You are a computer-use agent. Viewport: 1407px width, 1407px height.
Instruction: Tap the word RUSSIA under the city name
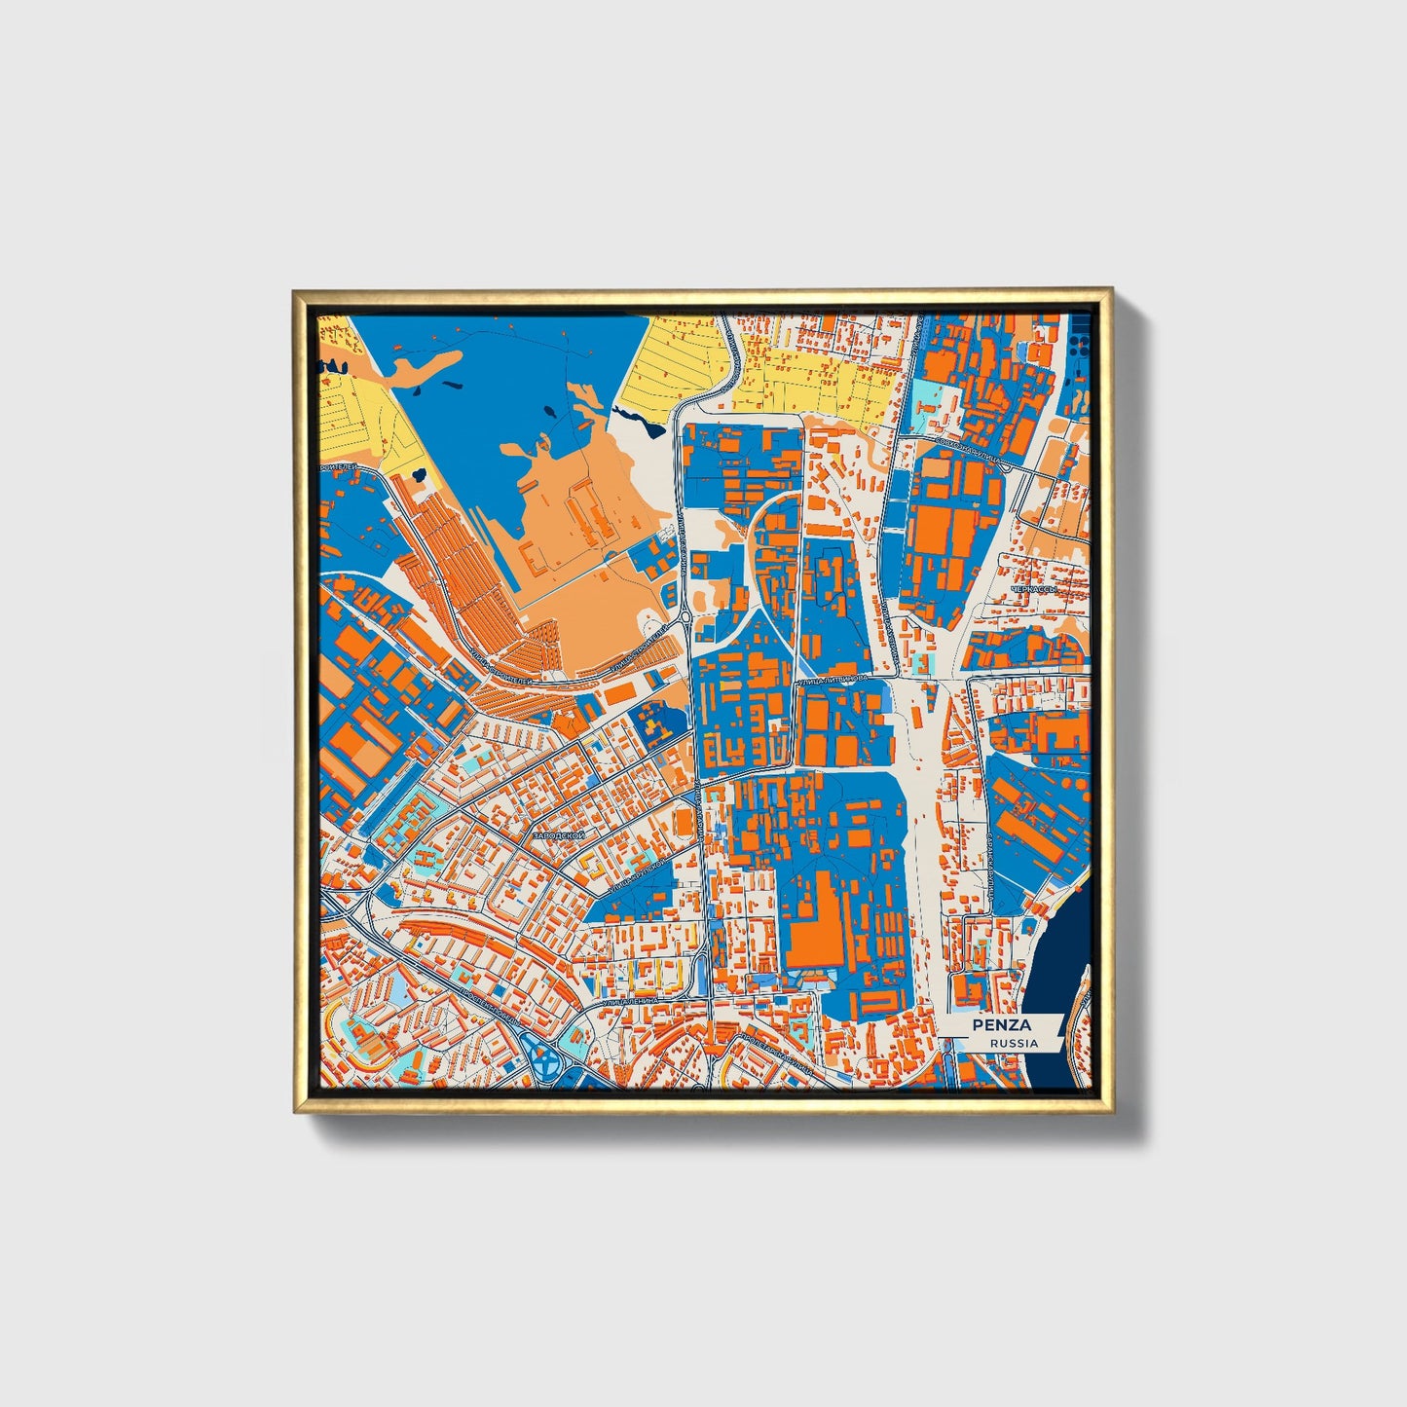[1014, 1043]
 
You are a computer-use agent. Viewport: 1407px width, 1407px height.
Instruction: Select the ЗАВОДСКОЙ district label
[558, 835]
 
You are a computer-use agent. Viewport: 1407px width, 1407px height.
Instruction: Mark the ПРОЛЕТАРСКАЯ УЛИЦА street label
[776, 1055]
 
